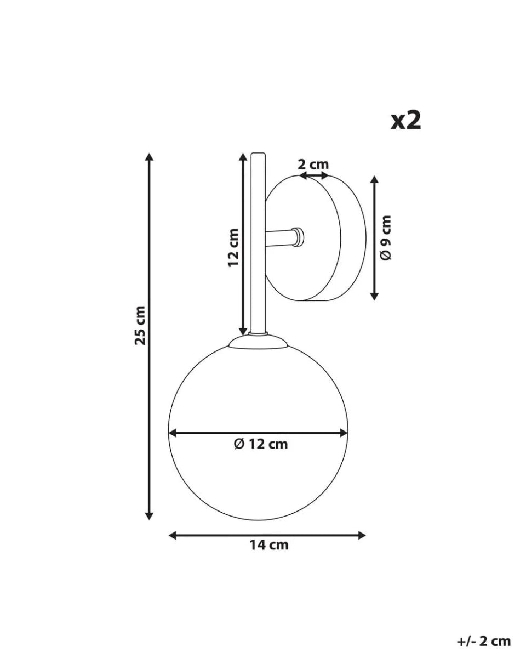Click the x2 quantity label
point(405,121)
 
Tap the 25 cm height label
point(141,325)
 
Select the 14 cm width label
point(268,544)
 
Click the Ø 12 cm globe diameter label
point(260,444)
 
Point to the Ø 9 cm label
point(386,237)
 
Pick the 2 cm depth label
point(313,164)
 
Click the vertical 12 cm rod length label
point(233,247)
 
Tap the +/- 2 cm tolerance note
point(483,640)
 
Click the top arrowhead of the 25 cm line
point(148,157)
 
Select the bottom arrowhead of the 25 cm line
point(148,515)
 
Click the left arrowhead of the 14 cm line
point(173,535)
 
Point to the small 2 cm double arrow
point(315,176)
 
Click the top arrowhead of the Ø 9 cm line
point(374,180)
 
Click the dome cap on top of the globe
point(258,342)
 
